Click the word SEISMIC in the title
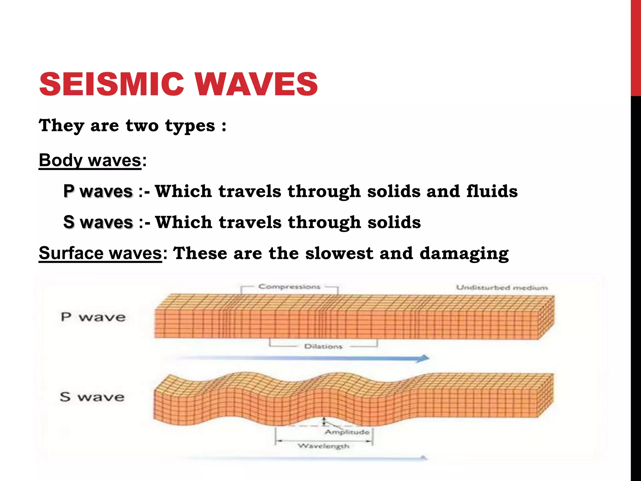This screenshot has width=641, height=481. (111, 84)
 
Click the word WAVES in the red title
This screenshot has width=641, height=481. (257, 84)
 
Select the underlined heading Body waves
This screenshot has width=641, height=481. (90, 160)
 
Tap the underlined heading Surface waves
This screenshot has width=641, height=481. (100, 253)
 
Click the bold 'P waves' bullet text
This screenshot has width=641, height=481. (98, 191)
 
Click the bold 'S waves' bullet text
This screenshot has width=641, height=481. (98, 222)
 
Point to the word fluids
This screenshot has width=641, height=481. (492, 191)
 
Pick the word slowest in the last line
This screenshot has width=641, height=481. (339, 253)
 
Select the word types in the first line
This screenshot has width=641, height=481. (190, 126)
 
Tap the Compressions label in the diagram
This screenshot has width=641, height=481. (289, 287)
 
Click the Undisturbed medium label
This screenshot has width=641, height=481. (502, 287)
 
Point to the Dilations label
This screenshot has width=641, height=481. (323, 346)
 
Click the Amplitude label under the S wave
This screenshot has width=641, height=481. (347, 432)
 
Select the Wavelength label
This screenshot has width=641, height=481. (323, 446)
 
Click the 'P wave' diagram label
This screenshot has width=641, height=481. (93, 317)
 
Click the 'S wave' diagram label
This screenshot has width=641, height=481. (92, 397)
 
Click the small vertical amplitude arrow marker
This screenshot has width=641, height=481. (324, 422)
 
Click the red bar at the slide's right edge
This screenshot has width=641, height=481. (636, 47)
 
